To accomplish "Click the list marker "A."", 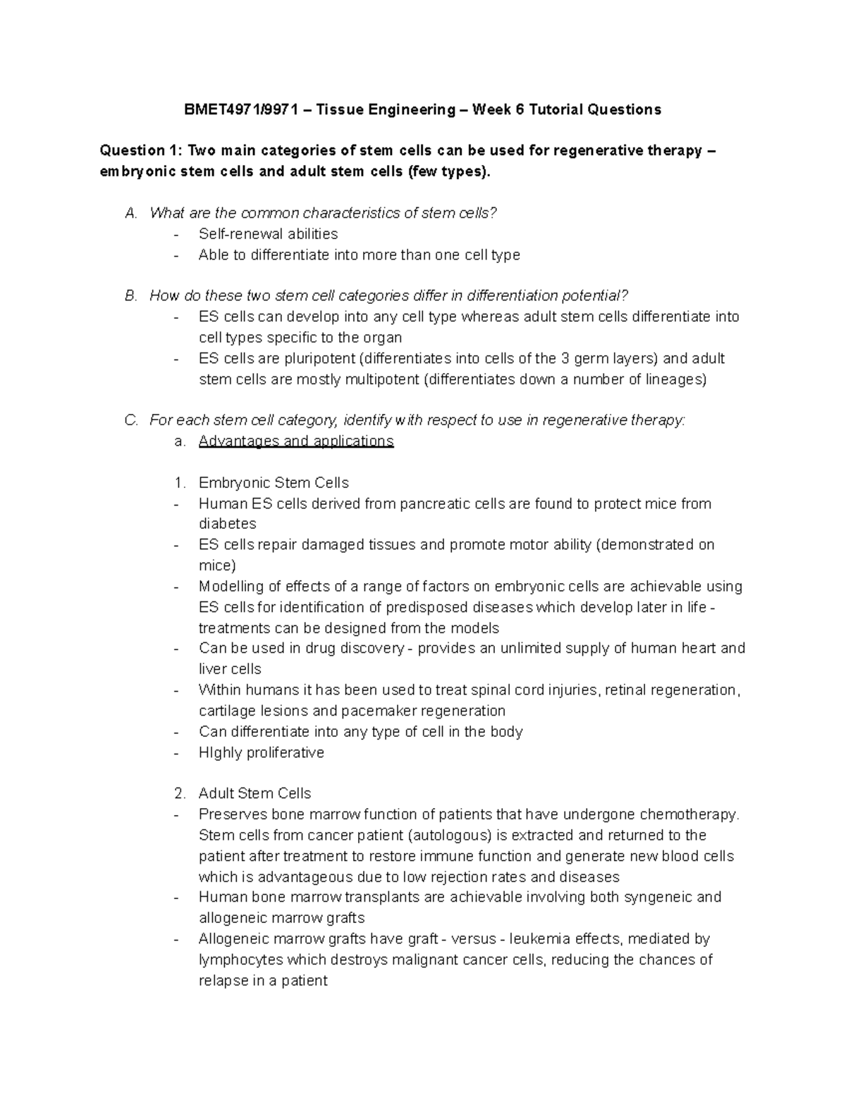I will (x=131, y=213).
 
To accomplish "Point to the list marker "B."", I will (x=131, y=296).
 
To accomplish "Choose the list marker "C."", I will (x=131, y=421).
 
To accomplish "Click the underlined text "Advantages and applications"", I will (x=296, y=441).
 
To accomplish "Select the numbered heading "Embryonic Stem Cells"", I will (x=274, y=483).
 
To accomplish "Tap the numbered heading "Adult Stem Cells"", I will (x=255, y=794).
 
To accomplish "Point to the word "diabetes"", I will (x=228, y=524).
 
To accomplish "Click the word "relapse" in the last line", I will (x=223, y=981).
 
